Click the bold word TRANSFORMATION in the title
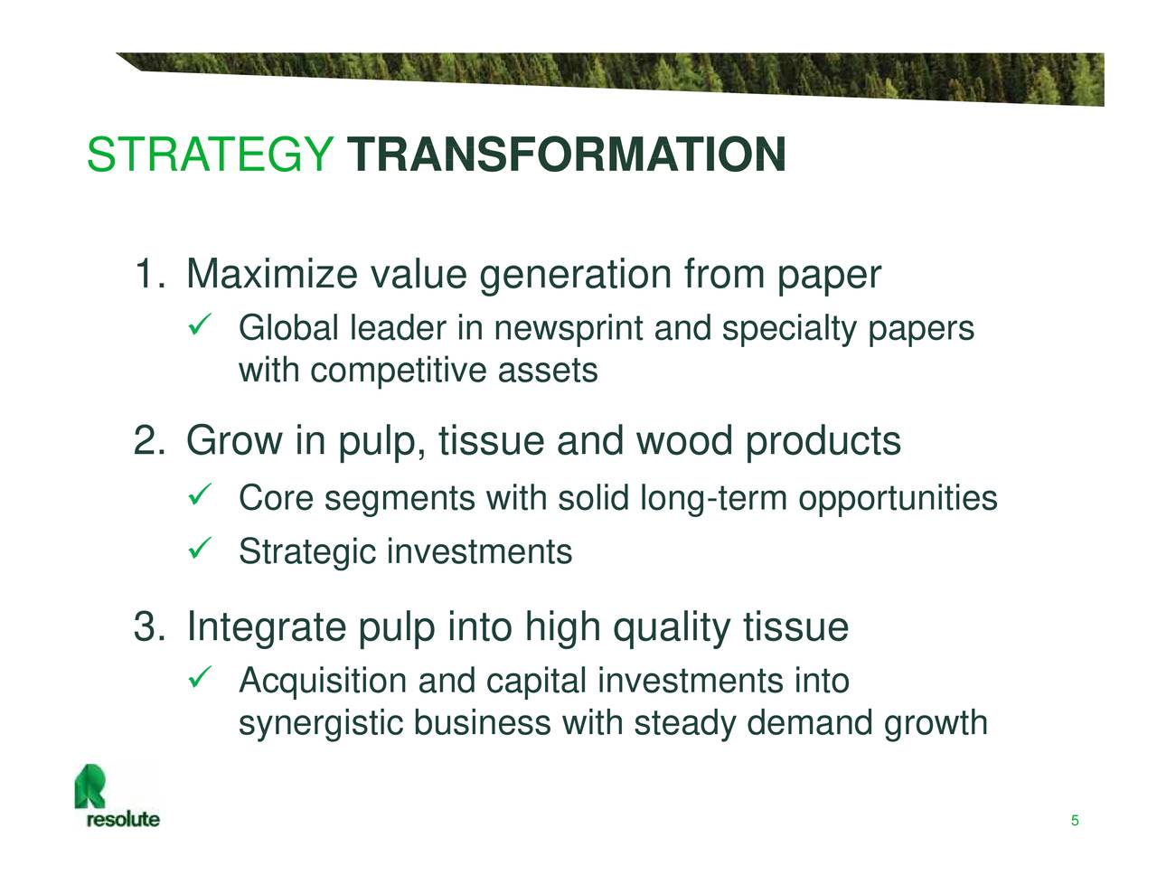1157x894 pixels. pyautogui.click(x=567, y=155)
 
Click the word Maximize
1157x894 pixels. pyautogui.click(x=271, y=275)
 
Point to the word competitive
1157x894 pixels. pyautogui.click(x=398, y=372)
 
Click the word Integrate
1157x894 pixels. pyautogui.click(x=266, y=626)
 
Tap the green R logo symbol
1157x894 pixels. pyautogui.click(x=90, y=785)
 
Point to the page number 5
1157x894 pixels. pyautogui.click(x=1075, y=821)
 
